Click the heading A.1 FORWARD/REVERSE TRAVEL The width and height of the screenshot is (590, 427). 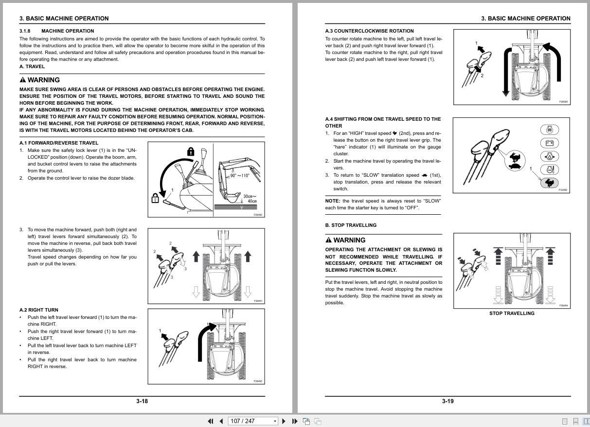pos(58,143)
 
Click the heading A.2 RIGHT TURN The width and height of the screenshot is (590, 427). pos(39,310)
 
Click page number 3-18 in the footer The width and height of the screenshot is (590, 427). pos(142,401)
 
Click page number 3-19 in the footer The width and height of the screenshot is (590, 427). pos(447,401)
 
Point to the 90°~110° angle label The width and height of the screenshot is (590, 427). pos(239,176)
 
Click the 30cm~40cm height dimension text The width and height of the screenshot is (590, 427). pos(250,199)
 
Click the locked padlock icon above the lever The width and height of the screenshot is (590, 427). pos(191,152)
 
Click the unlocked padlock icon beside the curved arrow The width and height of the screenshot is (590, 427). pos(155,198)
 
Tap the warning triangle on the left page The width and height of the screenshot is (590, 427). pos(23,80)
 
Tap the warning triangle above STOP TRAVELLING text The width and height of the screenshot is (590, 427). pos(328,240)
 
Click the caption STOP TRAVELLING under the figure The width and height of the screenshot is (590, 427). pos(511,314)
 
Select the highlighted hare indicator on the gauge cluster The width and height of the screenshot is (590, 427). pos(549,183)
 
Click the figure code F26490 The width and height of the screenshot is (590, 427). pos(258,215)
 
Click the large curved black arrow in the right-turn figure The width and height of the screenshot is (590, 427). pos(202,341)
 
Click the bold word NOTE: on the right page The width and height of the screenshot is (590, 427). pos(332,201)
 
